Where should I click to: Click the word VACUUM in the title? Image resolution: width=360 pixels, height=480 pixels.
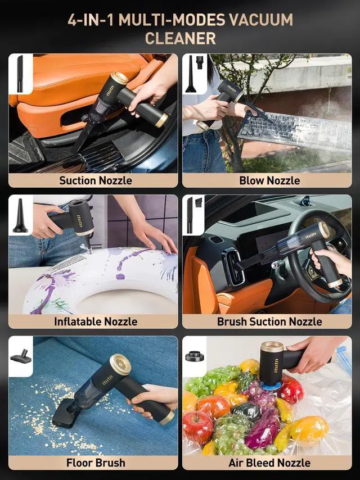261,20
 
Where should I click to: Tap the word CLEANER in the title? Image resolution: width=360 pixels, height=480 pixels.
180,39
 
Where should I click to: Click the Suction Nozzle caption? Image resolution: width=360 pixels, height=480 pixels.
96,180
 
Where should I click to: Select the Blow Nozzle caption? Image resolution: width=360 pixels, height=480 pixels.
269,180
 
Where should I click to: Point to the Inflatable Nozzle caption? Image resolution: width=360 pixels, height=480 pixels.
96,321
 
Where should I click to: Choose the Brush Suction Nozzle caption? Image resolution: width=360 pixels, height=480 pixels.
269,321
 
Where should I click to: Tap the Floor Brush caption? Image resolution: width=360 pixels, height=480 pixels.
96,463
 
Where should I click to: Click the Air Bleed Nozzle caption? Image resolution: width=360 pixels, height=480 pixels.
269,463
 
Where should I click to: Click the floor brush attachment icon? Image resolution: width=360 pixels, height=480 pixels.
21,357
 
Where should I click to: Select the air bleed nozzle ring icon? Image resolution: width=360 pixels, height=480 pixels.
194,356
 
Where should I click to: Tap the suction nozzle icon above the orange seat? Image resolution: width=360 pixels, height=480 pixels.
20,74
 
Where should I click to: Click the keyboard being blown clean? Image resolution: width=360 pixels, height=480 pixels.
296,130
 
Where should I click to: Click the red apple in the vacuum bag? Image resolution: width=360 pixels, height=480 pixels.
197,428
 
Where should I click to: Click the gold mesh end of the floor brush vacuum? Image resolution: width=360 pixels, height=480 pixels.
120,364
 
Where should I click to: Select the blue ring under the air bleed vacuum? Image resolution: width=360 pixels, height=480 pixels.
271,385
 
